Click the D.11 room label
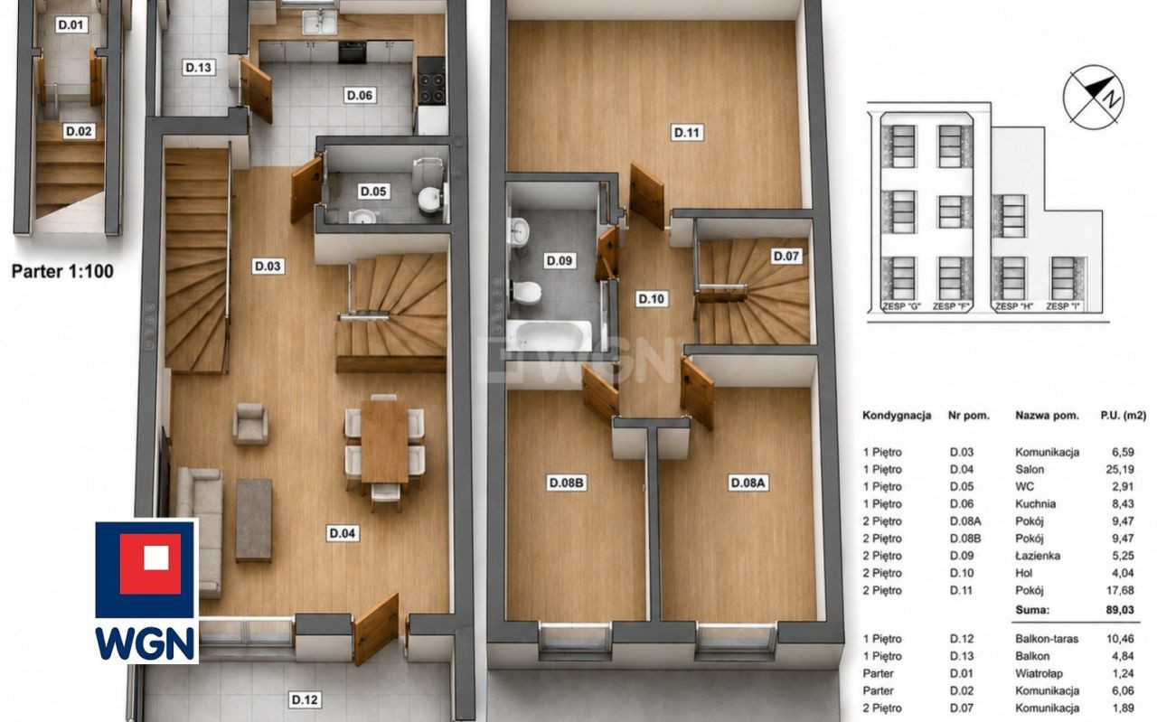pyautogui.click(x=686, y=133)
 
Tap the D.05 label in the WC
pyautogui.click(x=373, y=192)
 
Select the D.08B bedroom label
pyautogui.click(x=566, y=483)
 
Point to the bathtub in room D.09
pyautogui.click(x=549, y=336)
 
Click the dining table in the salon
pyautogui.click(x=385, y=442)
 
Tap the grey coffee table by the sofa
pyautogui.click(x=254, y=520)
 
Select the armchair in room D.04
pyautogui.click(x=250, y=424)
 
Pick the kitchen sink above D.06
pyautogui.click(x=320, y=23)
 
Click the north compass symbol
pyautogui.click(x=1094, y=97)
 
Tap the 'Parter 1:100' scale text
pyautogui.click(x=62, y=272)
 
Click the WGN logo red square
pyautogui.click(x=151, y=564)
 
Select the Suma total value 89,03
pyautogui.click(x=1120, y=610)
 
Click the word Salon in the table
pyautogui.click(x=1030, y=470)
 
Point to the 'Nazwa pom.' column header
pyautogui.click(x=1047, y=416)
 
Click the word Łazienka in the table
pyautogui.click(x=1037, y=556)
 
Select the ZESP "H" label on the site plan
pyautogui.click(x=1014, y=306)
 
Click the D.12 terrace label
pyautogui.click(x=305, y=699)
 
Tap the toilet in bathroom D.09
pyautogui.click(x=527, y=292)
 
